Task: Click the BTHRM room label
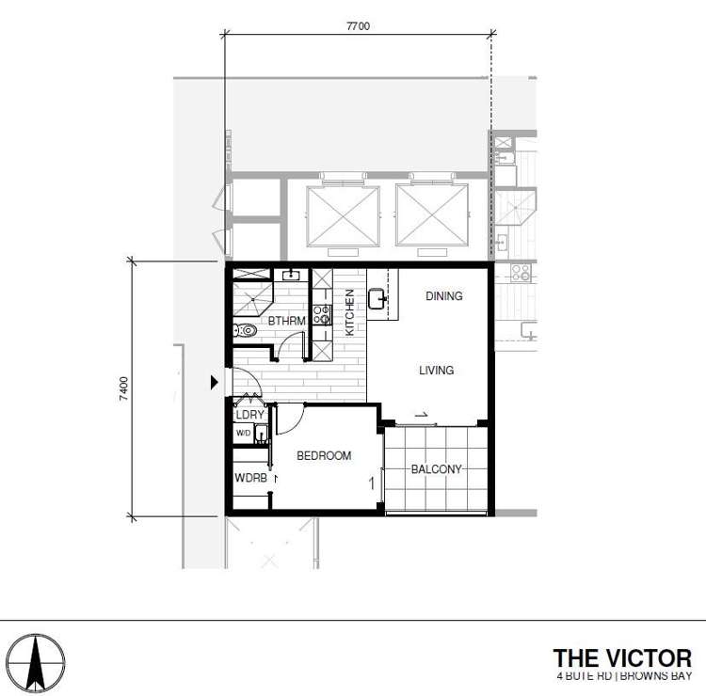(x=285, y=322)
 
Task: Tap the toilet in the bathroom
(x=245, y=330)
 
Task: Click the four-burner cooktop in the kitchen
(x=321, y=314)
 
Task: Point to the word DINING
(x=443, y=296)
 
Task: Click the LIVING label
(x=436, y=371)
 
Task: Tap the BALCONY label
(x=436, y=469)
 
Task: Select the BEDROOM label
(x=324, y=456)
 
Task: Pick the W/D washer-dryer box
(x=244, y=434)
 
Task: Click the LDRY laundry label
(x=249, y=414)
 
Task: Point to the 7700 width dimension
(x=358, y=27)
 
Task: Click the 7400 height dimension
(x=123, y=388)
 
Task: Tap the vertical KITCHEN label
(x=349, y=312)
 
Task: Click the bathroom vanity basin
(x=291, y=275)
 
